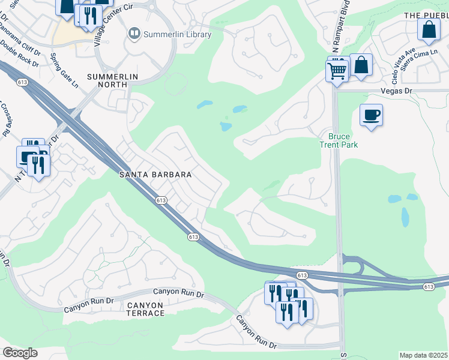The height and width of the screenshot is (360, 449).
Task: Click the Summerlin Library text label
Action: (177, 34)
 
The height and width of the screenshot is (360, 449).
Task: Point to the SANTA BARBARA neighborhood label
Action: (155, 175)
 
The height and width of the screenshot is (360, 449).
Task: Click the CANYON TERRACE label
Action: (145, 309)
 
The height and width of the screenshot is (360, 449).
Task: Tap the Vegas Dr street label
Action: (394, 91)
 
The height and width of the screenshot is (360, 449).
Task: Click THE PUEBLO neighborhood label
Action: (426, 15)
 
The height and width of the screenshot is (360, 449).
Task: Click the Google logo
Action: (20, 352)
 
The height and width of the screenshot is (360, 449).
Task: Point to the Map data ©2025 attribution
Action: (424, 355)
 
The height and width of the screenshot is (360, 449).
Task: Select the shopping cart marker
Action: (337, 70)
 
